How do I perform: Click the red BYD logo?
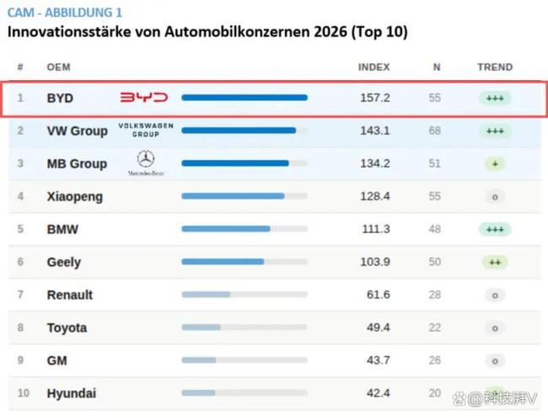coord(143,98)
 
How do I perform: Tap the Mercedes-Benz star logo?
coord(146,159)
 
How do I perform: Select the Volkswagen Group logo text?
coord(145,129)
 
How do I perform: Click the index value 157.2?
coord(374,98)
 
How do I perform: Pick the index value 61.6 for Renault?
coord(378,295)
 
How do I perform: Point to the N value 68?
coord(435,131)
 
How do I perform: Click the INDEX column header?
coord(374,67)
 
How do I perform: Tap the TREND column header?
coord(494,67)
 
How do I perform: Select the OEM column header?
coord(58,67)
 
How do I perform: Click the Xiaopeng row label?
coord(75,196)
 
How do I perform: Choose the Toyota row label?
coord(67,328)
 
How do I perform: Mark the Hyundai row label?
coord(71,394)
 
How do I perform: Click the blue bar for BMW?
coord(226,229)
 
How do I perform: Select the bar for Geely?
coord(223,262)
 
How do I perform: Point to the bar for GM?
coord(199,360)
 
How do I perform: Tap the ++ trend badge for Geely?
coord(495,262)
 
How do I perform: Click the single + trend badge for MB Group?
coord(495,163)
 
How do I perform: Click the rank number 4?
coord(20,196)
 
